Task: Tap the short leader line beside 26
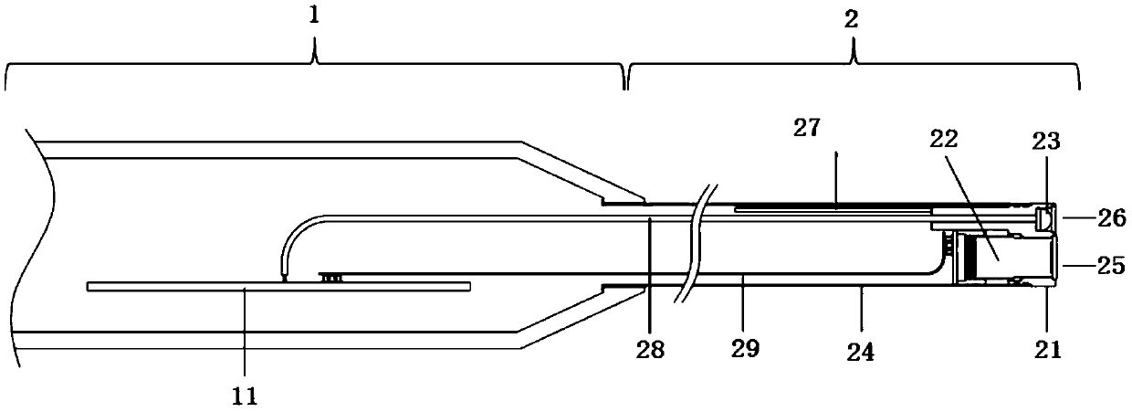click(1074, 218)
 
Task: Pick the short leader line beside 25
click(1072, 265)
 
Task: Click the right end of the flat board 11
click(467, 287)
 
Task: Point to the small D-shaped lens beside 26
click(1046, 217)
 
